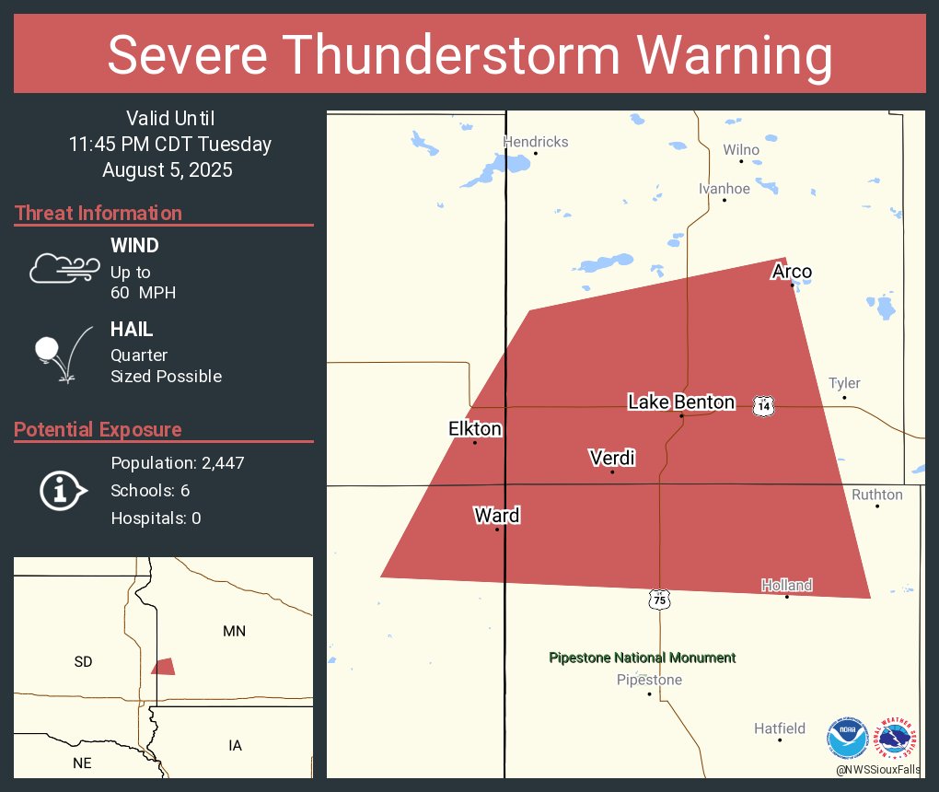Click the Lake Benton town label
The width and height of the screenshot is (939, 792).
[x=681, y=402]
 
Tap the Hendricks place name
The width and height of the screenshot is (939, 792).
[x=535, y=142]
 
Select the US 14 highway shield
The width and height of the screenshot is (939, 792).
[x=762, y=405]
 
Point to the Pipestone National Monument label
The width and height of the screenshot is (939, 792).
[x=642, y=658]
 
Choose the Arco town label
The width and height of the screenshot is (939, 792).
[x=792, y=271]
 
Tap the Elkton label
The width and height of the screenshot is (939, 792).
[x=475, y=428]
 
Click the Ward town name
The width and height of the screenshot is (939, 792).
[x=497, y=515]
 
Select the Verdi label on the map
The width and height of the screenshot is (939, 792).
[x=612, y=458]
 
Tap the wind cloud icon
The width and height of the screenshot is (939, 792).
[x=64, y=268]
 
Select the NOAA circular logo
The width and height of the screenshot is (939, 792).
[x=847, y=739]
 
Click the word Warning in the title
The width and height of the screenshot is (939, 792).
[x=718, y=55]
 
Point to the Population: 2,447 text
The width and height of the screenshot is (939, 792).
[x=178, y=462]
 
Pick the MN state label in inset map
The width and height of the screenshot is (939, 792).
[x=235, y=631]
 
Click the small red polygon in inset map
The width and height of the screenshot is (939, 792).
[x=164, y=666]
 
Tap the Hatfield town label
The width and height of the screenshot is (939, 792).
[x=780, y=728]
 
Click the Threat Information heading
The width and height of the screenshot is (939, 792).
[x=99, y=213]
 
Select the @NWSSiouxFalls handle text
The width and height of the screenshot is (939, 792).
[x=877, y=769]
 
